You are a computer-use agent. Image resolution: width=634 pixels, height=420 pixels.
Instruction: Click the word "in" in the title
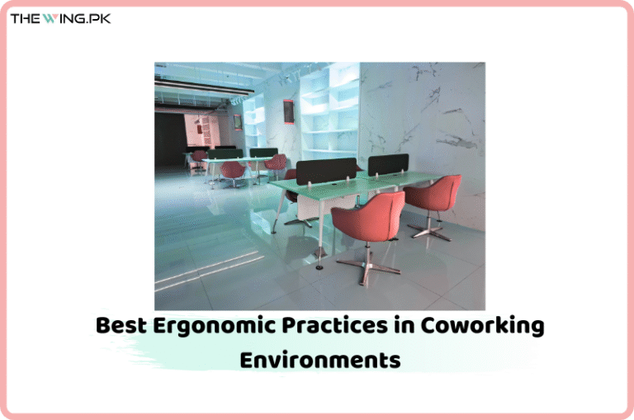point(400,325)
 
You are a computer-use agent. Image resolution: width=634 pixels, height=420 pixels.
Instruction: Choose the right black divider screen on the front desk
point(388,164)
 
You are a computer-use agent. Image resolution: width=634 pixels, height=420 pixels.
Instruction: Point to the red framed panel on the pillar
point(289,111)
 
